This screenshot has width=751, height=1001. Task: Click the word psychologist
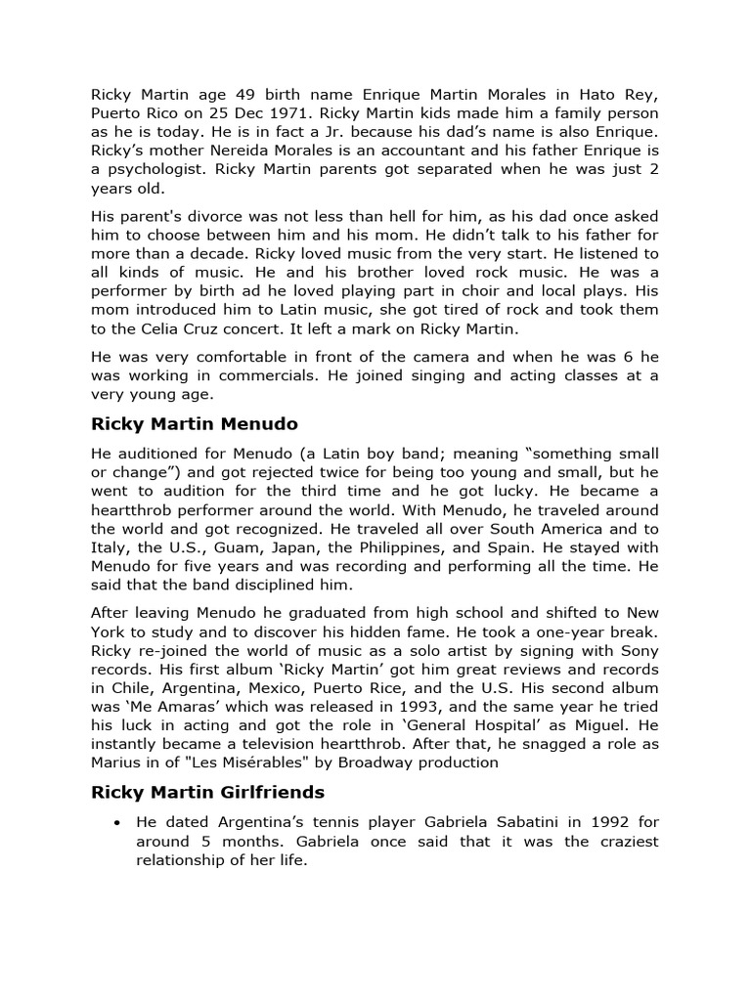pos(155,169)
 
